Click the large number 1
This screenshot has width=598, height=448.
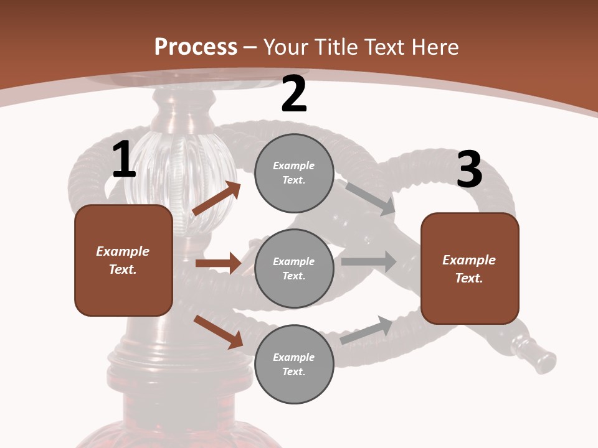pyautogui.click(x=124, y=160)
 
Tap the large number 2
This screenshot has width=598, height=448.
pyautogui.click(x=294, y=95)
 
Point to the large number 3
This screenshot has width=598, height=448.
pyautogui.click(x=469, y=169)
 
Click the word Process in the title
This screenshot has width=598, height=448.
pyautogui.click(x=196, y=47)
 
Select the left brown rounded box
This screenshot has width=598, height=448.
pyautogui.click(x=123, y=260)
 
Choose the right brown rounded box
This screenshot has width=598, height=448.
pyautogui.click(x=470, y=268)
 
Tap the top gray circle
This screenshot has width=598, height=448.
pyautogui.click(x=294, y=173)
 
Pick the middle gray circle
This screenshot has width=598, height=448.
pyautogui.click(x=294, y=268)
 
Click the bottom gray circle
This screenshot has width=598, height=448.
pyautogui.click(x=294, y=364)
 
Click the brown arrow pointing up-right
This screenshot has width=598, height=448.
pyautogui.click(x=216, y=198)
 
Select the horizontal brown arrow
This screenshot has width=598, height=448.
pyautogui.click(x=218, y=263)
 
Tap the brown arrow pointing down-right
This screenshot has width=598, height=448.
pyautogui.click(x=219, y=332)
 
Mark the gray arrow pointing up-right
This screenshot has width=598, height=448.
pyautogui.click(x=367, y=330)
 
